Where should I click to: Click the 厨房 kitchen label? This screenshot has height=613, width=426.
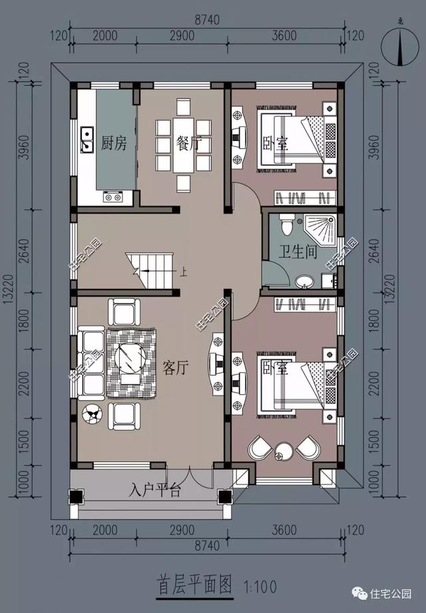pos(114,143)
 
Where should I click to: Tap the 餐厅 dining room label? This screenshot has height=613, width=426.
pos(188,143)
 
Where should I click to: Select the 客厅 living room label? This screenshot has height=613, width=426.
pos(174,367)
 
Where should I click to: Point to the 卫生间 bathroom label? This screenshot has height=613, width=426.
pos(297,253)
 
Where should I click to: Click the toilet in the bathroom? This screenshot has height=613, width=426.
pos(287,226)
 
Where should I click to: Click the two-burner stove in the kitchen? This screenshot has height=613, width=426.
pos(111,197)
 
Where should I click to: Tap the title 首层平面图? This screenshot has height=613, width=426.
pos(194,586)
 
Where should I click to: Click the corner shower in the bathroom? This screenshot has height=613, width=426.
pos(323,228)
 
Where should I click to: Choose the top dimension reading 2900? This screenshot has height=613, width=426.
pos(181,36)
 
